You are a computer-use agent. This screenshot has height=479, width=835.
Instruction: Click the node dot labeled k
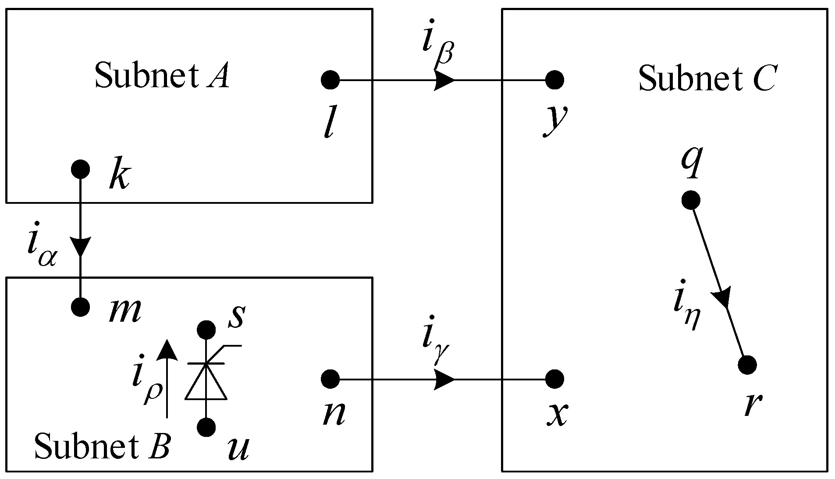[x=80, y=169]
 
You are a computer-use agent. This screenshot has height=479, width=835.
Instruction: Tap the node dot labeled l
[x=330, y=80]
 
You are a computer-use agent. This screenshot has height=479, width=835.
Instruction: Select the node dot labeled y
[x=554, y=80]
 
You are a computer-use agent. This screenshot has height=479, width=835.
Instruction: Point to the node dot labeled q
[x=691, y=200]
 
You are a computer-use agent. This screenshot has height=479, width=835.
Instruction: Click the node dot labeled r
[x=747, y=365]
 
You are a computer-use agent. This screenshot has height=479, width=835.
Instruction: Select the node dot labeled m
[x=80, y=306]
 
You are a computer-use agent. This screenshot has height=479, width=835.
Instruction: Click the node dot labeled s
[x=206, y=330]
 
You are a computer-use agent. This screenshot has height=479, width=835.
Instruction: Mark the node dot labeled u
[x=206, y=426]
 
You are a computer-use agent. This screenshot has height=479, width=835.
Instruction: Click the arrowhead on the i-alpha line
[x=81, y=247]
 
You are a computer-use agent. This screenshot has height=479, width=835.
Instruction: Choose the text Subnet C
[x=707, y=79]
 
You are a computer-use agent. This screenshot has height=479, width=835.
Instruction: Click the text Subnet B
[x=102, y=447]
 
